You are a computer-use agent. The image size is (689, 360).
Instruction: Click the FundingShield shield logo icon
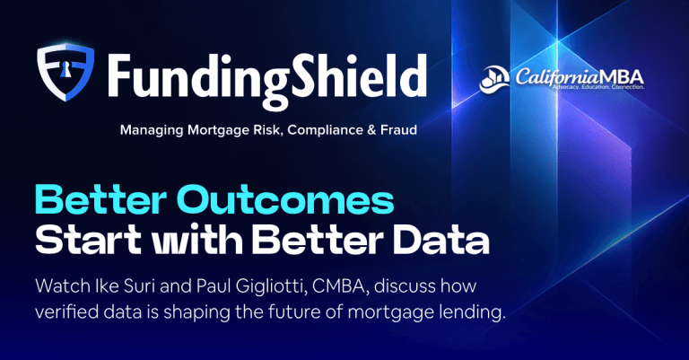65,72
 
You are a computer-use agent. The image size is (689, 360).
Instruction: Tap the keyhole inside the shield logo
65,67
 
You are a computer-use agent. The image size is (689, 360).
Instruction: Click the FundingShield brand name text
267,79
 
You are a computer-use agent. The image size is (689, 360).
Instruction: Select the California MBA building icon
494,79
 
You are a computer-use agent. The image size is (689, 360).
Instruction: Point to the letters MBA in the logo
623,77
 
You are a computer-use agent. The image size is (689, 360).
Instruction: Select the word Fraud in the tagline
398,129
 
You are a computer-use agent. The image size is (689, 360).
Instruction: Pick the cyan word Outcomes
285,200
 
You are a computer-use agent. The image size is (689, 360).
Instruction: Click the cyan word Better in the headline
100,200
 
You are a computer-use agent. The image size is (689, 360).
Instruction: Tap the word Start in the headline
88,240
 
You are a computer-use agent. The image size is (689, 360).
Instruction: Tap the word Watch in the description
63,286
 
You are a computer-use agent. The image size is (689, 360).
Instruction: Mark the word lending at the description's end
473,312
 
